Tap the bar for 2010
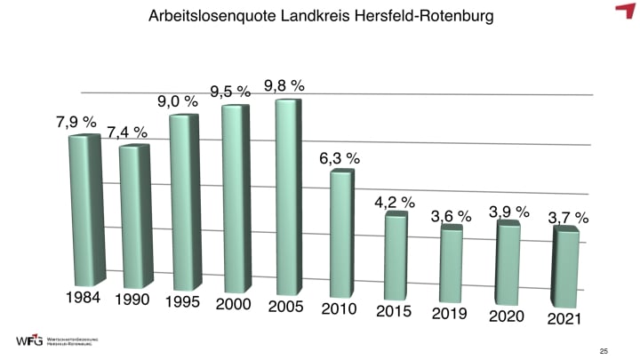(x=341, y=233)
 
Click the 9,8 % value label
(x=284, y=86)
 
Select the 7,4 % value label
(x=127, y=132)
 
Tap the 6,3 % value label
(x=340, y=158)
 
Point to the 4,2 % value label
(x=395, y=203)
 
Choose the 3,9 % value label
(x=509, y=212)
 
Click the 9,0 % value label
(x=178, y=101)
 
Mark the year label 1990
(x=132, y=300)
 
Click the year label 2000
(x=234, y=305)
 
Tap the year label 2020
(x=508, y=316)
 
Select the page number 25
(x=604, y=350)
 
